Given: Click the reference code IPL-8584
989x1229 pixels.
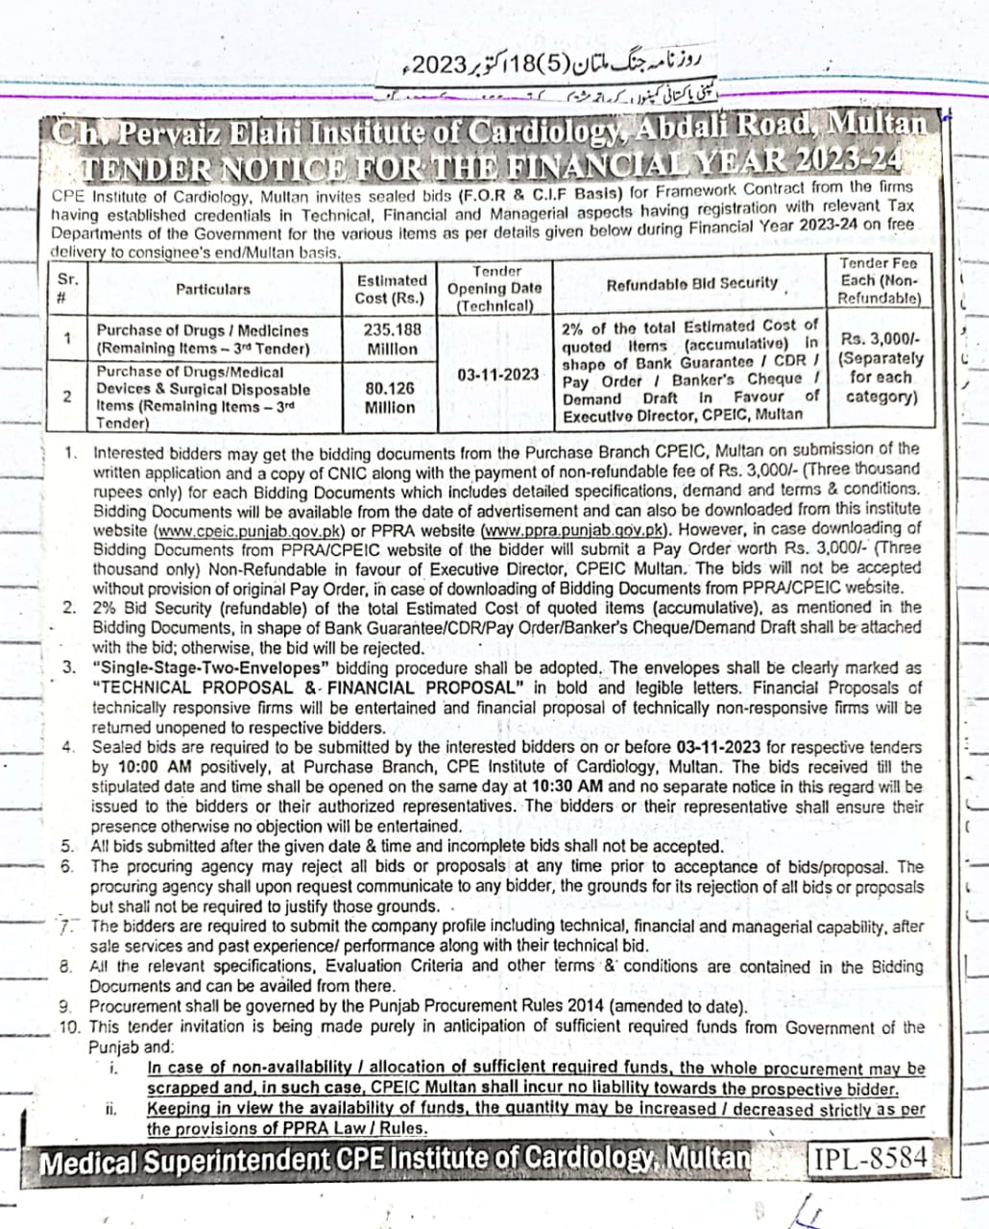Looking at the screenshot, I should pos(871,1158).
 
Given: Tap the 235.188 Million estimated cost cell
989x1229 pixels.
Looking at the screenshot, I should pos(391,339).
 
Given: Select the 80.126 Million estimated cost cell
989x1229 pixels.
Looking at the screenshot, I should pos(390,398).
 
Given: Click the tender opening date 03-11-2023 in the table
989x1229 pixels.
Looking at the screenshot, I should pos(498,374).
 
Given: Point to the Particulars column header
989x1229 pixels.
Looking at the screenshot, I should pos(212,288).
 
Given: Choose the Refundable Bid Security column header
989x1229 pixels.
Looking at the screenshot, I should pos(691,283).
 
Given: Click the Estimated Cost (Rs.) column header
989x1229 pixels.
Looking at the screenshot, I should pos(391,289).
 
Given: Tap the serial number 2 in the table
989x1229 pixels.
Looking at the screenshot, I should pos(67,397).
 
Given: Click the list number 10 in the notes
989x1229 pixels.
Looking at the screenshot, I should pos(69,1026).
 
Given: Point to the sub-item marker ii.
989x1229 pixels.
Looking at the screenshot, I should pos(112,1109).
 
